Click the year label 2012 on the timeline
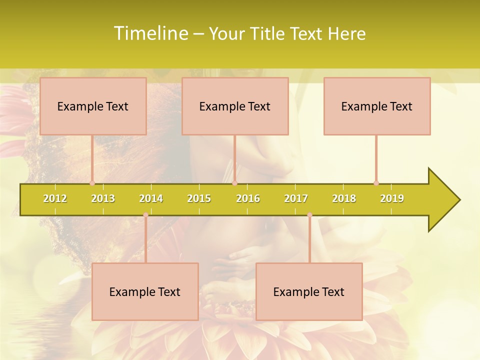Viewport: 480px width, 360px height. [55, 198]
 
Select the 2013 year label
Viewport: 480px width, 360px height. [103, 198]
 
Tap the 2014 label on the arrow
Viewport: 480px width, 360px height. [151, 198]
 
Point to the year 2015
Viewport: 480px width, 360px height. [199, 198]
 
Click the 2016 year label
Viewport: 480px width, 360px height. [248, 198]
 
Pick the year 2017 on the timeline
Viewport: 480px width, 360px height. [296, 198]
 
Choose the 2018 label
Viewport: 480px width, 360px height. [344, 198]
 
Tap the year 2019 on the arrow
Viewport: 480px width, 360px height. [392, 198]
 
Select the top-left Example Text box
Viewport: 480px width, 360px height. [93, 106]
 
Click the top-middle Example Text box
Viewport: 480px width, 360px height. [235, 106]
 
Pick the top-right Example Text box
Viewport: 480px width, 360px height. [377, 106]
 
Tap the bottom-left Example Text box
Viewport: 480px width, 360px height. [145, 291]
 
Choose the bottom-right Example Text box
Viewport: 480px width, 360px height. [309, 291]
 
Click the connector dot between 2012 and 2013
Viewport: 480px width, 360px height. [92, 183]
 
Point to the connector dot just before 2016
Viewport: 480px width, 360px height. [234, 183]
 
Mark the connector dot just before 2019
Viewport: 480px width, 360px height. [376, 183]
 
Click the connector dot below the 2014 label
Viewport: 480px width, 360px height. [145, 215]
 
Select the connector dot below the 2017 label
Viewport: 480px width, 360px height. [309, 215]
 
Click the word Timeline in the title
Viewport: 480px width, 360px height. [150, 33]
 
